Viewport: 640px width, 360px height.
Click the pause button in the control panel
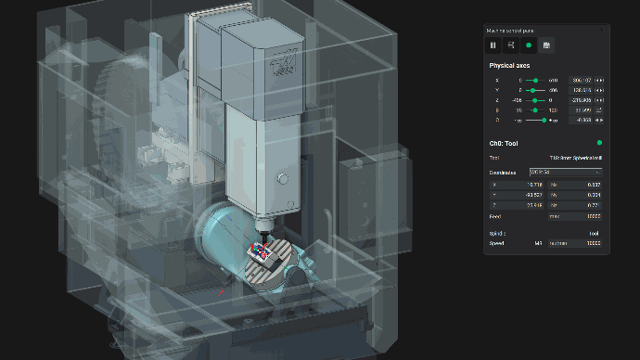pyautogui.click(x=493, y=45)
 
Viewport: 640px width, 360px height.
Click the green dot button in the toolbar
pyautogui.click(x=529, y=45)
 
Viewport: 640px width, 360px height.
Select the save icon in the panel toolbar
pyautogui.click(x=546, y=45)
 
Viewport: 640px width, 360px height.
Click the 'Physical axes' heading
pyautogui.click(x=510, y=66)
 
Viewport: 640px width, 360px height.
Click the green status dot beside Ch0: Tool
pyautogui.click(x=599, y=143)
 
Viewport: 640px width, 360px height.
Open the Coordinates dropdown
pyautogui.click(x=565, y=173)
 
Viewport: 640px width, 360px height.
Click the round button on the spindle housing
pyautogui.click(x=283, y=175)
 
